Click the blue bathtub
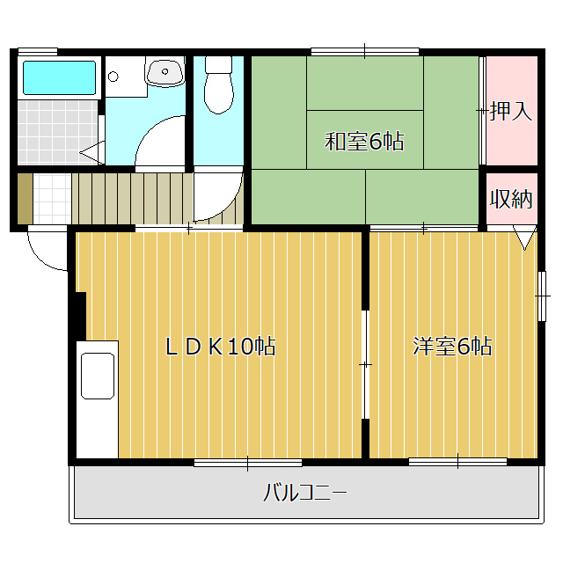pyautogui.click(x=60, y=77)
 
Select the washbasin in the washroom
pyautogui.click(x=165, y=72)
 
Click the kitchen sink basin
pyautogui.click(x=98, y=376)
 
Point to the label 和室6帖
pyautogui.click(x=364, y=142)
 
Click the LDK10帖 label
pyautogui.click(x=220, y=347)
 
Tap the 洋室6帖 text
pyautogui.click(x=452, y=346)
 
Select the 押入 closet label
pyautogui.click(x=510, y=111)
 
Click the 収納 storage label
pyautogui.click(x=511, y=199)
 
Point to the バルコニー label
pyautogui.click(x=305, y=493)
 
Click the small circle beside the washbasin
pyautogui.click(x=113, y=77)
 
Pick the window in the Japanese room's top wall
pyautogui.click(x=365, y=51)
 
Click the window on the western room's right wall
pyautogui.click(x=542, y=296)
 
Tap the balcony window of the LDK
pyautogui.click(x=248, y=463)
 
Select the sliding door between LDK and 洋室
pyautogui.click(x=366, y=364)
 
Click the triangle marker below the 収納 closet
pyautogui.click(x=524, y=237)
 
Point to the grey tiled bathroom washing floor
pyautogui.click(x=57, y=132)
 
